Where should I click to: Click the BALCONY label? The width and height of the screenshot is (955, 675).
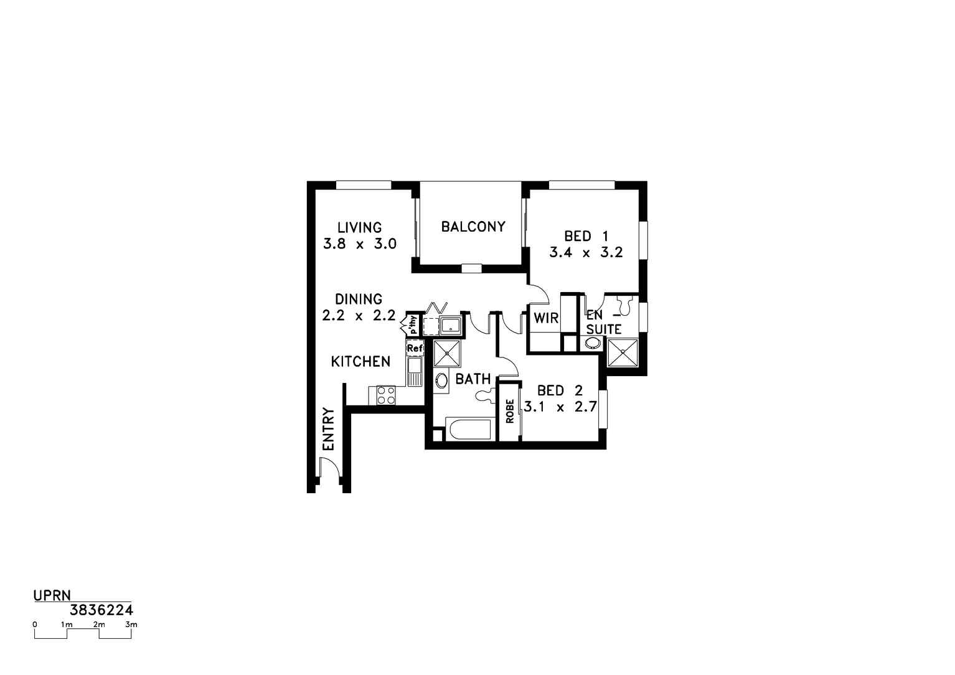tap(473, 227)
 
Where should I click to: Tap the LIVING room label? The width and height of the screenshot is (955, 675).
tap(359, 227)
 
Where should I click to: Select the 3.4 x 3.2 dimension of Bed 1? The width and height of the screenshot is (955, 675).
tap(586, 252)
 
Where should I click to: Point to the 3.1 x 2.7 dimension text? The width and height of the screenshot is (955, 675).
tap(560, 407)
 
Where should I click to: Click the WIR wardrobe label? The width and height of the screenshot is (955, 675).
tap(546, 318)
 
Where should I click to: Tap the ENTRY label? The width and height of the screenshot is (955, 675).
tap(329, 429)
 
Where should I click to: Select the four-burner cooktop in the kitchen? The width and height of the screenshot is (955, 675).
tap(386, 395)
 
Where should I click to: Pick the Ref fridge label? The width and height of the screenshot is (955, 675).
tap(415, 348)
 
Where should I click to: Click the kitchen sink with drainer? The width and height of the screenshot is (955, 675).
tap(415, 372)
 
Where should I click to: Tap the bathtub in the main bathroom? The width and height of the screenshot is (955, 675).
tap(470, 429)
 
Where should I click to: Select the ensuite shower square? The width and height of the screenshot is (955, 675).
tap(623, 352)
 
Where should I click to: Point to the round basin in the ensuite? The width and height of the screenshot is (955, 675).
tap(592, 343)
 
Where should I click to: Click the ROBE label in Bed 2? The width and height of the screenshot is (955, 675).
tap(510, 411)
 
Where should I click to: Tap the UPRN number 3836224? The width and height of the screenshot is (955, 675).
tap(101, 610)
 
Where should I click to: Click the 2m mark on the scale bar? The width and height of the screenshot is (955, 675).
tap(100, 625)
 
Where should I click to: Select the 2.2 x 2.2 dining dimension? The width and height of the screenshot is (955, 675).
tap(359, 316)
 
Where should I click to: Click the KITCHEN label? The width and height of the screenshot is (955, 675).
tap(360, 362)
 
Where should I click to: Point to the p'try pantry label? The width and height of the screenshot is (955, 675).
tap(413, 324)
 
